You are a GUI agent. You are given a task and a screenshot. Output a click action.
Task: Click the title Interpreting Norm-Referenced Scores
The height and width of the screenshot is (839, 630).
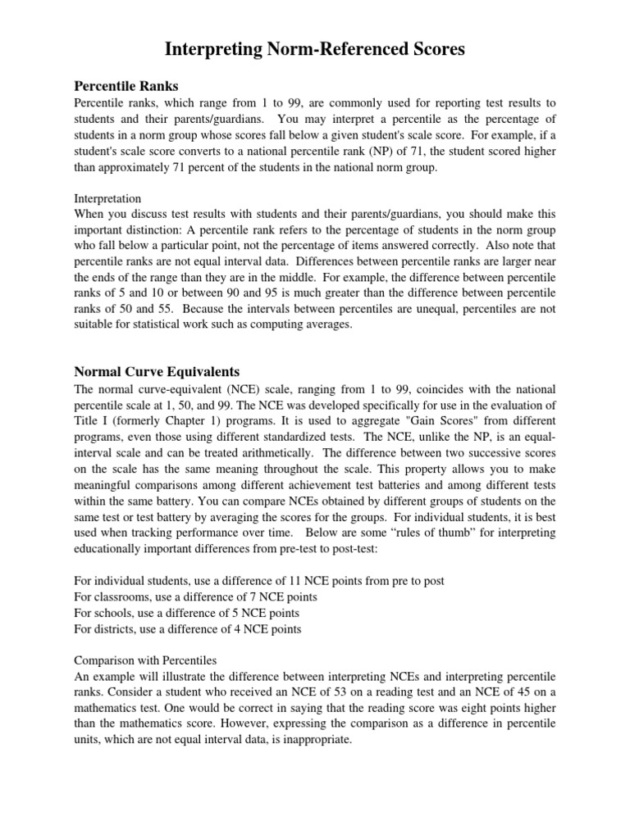point(315,50)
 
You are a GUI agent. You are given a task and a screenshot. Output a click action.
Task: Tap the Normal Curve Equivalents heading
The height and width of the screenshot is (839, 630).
point(157,370)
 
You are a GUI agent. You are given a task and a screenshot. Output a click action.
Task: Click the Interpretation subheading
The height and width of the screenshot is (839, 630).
point(107,198)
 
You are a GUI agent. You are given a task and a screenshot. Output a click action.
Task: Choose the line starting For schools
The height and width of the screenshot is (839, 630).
point(186,613)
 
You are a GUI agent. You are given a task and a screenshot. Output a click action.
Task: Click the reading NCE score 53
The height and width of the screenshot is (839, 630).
point(341,692)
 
